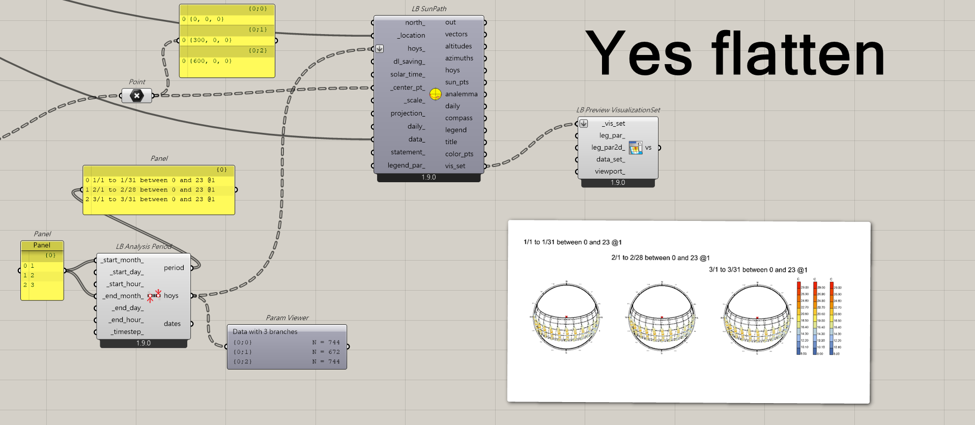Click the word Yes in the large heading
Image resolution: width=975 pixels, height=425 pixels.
639,54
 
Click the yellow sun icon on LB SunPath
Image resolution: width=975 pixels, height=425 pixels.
436,94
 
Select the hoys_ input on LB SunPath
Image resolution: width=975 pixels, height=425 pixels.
416,49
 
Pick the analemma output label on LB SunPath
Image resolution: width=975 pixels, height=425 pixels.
461,94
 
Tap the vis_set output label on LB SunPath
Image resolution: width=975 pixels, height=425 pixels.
455,166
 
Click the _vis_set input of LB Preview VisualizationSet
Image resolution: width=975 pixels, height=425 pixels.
613,124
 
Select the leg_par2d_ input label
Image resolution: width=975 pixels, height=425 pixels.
608,148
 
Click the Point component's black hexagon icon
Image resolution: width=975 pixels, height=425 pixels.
136,96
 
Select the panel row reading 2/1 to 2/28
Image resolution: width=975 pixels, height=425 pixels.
154,190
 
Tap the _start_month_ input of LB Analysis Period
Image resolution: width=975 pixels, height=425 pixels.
123,260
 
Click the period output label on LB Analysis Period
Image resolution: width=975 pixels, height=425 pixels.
174,268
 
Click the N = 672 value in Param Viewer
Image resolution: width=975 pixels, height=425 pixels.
326,352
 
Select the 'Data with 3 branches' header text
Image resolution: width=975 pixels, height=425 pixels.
265,332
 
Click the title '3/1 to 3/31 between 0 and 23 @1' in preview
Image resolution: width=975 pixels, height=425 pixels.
758,270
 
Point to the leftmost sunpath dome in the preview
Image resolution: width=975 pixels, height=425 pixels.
566,317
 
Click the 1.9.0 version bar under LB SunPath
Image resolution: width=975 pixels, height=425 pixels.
428,178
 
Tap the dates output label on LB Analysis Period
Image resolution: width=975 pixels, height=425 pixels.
172,324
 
